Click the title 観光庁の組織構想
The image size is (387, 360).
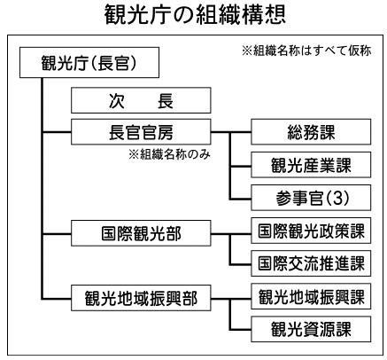pos(195,15)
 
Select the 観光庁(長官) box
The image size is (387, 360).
pos(89,63)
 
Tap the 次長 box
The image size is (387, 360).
pos(141,100)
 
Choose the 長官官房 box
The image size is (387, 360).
pos(141,132)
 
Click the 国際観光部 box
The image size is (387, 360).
pos(141,233)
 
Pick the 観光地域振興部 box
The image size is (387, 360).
pos(141,298)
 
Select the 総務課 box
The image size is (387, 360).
pos(311,132)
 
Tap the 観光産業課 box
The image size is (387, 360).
pos(311,165)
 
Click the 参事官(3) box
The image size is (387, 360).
pos(311,198)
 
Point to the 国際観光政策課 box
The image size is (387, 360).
pos(311,231)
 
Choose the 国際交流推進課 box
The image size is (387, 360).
pos(311,263)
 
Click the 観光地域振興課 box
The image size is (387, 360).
pos(311,296)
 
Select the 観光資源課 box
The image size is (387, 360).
pos(311,329)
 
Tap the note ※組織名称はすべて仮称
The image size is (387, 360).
pos(306,51)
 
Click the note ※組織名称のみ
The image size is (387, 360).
pos(169,154)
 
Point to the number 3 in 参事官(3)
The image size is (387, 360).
pos(337,198)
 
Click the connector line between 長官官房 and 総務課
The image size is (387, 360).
pos(231,132)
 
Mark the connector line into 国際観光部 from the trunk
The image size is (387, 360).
pos(57,234)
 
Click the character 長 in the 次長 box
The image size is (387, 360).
pos(165,100)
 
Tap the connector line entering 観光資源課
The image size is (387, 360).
pos(240,330)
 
